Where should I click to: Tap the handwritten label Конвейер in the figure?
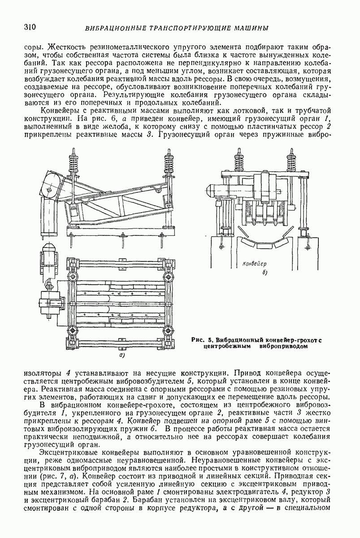point(254,264)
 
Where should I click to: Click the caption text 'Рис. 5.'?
point(203,339)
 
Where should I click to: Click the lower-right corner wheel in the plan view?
point(167,332)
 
